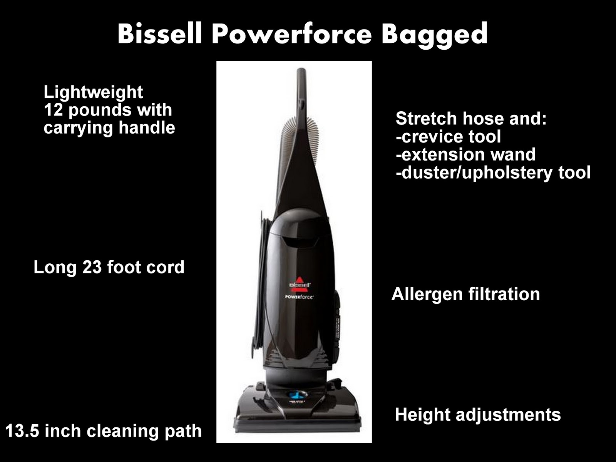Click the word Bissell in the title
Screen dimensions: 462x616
(x=160, y=34)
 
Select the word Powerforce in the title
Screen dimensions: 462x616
(x=291, y=34)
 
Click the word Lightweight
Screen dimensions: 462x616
(x=93, y=92)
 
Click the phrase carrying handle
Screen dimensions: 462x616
(x=109, y=128)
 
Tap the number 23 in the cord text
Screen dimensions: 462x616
(x=92, y=267)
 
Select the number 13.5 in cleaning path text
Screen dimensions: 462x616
(x=22, y=431)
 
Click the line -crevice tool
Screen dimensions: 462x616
(x=448, y=137)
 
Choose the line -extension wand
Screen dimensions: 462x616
(x=465, y=154)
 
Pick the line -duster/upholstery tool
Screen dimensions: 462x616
(x=493, y=172)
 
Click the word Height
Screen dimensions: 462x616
(x=422, y=415)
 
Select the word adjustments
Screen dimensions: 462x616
(x=508, y=415)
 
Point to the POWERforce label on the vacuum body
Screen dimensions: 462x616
(x=299, y=297)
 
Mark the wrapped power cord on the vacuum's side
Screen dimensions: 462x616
(x=262, y=285)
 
